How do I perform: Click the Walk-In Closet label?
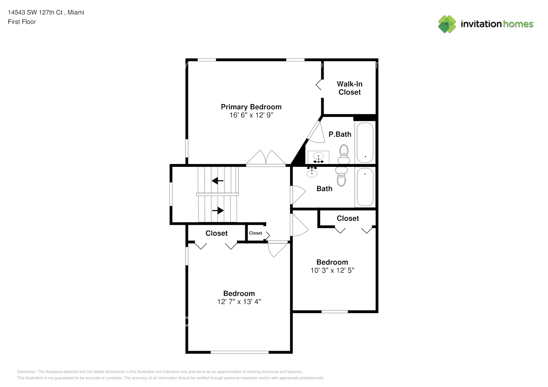click(x=350, y=88)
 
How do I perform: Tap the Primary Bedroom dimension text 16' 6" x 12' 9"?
click(x=251, y=115)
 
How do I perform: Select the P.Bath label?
click(x=340, y=134)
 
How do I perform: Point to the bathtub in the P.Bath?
click(x=365, y=142)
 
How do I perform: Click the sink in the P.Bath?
click(x=319, y=157)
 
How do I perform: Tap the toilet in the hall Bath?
click(x=341, y=177)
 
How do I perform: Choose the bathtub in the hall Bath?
click(x=365, y=187)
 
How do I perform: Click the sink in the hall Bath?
click(x=312, y=172)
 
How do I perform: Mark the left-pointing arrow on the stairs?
click(x=217, y=181)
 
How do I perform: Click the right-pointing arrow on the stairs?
click(x=218, y=211)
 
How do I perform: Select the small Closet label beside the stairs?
click(x=255, y=233)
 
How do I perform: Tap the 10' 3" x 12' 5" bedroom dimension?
click(x=332, y=271)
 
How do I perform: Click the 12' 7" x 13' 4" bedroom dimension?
click(x=239, y=302)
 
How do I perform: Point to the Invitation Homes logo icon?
click(x=447, y=24)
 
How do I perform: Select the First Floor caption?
click(x=22, y=22)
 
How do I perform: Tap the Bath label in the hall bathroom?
click(x=324, y=189)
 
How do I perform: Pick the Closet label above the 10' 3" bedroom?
click(x=348, y=218)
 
